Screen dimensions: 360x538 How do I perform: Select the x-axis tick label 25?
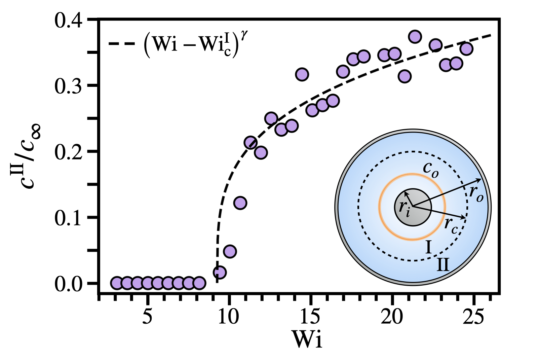pyautogui.click(x=474, y=317)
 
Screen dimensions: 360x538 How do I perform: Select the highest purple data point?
pyautogui.click(x=415, y=36)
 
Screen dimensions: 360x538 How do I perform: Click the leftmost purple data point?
pyautogui.click(x=117, y=283)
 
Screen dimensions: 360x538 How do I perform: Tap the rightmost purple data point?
pyautogui.click(x=466, y=49)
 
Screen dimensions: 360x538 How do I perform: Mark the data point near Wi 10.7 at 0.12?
pyautogui.click(x=240, y=203)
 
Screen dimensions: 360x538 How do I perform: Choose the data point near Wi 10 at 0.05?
pyautogui.click(x=230, y=251)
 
